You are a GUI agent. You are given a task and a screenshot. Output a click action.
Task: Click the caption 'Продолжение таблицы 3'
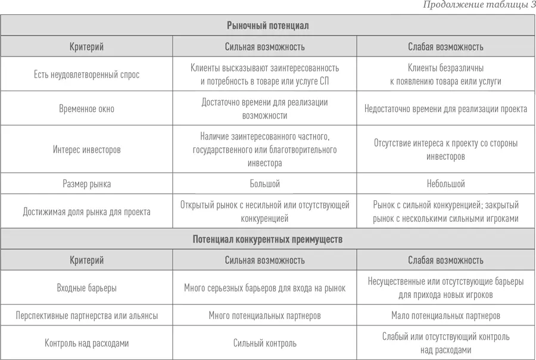coord(479,5)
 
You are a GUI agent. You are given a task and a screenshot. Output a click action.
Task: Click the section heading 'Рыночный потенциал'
coord(267,26)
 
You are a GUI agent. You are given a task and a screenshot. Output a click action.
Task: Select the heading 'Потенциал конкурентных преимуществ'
coord(267,239)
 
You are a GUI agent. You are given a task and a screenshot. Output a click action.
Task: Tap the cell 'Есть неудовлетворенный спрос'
coord(86,75)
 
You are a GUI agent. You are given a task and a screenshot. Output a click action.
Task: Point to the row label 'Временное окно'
coord(86,109)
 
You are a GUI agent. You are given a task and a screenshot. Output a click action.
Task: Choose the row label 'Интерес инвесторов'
coord(86,150)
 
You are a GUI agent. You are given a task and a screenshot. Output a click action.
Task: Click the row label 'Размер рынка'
coord(86,184)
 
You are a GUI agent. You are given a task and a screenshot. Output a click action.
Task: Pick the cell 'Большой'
coord(264,184)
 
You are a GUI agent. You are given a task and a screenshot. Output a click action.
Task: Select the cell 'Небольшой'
coord(445,184)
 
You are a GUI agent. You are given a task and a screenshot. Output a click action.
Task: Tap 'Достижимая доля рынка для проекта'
coord(86,212)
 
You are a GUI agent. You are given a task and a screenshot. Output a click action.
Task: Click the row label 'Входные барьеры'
coord(86,288)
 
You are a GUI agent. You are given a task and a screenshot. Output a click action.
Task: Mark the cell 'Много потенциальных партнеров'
coord(264,315)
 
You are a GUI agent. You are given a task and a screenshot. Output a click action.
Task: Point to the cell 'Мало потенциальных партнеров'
coord(445,315)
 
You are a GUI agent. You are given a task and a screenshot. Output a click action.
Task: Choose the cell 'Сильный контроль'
coord(264,343)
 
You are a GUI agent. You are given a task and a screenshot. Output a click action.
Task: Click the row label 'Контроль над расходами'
coord(86,343)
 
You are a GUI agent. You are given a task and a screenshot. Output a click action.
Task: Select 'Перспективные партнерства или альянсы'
coord(86,315)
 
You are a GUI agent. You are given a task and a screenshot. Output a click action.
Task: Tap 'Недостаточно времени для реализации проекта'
coord(445,109)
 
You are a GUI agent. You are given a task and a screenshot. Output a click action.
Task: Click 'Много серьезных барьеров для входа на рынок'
coord(264,288)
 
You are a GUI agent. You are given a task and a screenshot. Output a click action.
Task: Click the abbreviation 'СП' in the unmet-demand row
coord(324,81)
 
